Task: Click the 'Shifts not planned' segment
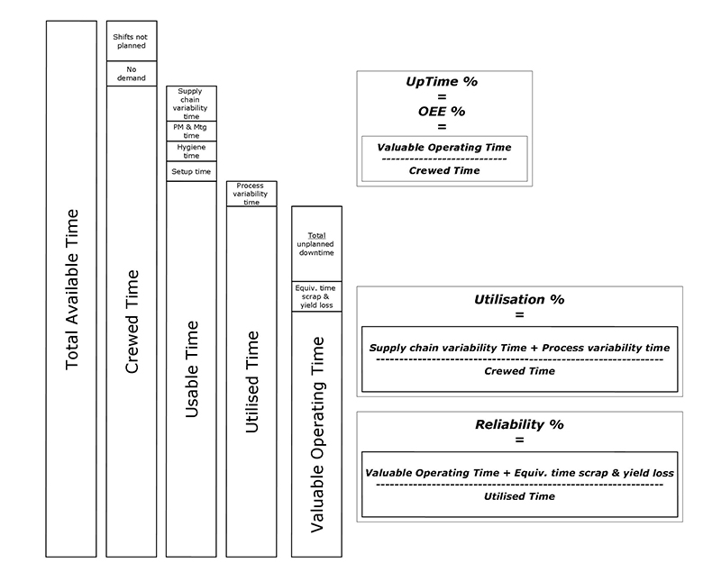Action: coord(131,41)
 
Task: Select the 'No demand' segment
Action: coord(131,73)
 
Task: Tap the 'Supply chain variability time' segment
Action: coord(191,104)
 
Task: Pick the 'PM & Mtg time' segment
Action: coord(191,132)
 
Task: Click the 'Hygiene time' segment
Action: coord(191,151)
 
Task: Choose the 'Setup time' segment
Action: coord(191,171)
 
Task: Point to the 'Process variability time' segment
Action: coord(251,194)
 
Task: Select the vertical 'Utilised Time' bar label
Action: coord(251,382)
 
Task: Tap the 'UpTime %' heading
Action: coord(442,82)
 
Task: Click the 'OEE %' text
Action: coord(442,112)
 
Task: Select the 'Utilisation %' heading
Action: coord(518,299)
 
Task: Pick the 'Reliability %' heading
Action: coord(518,423)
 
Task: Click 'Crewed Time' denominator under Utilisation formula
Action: coord(518,370)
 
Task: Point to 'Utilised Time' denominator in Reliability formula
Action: coord(518,495)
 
